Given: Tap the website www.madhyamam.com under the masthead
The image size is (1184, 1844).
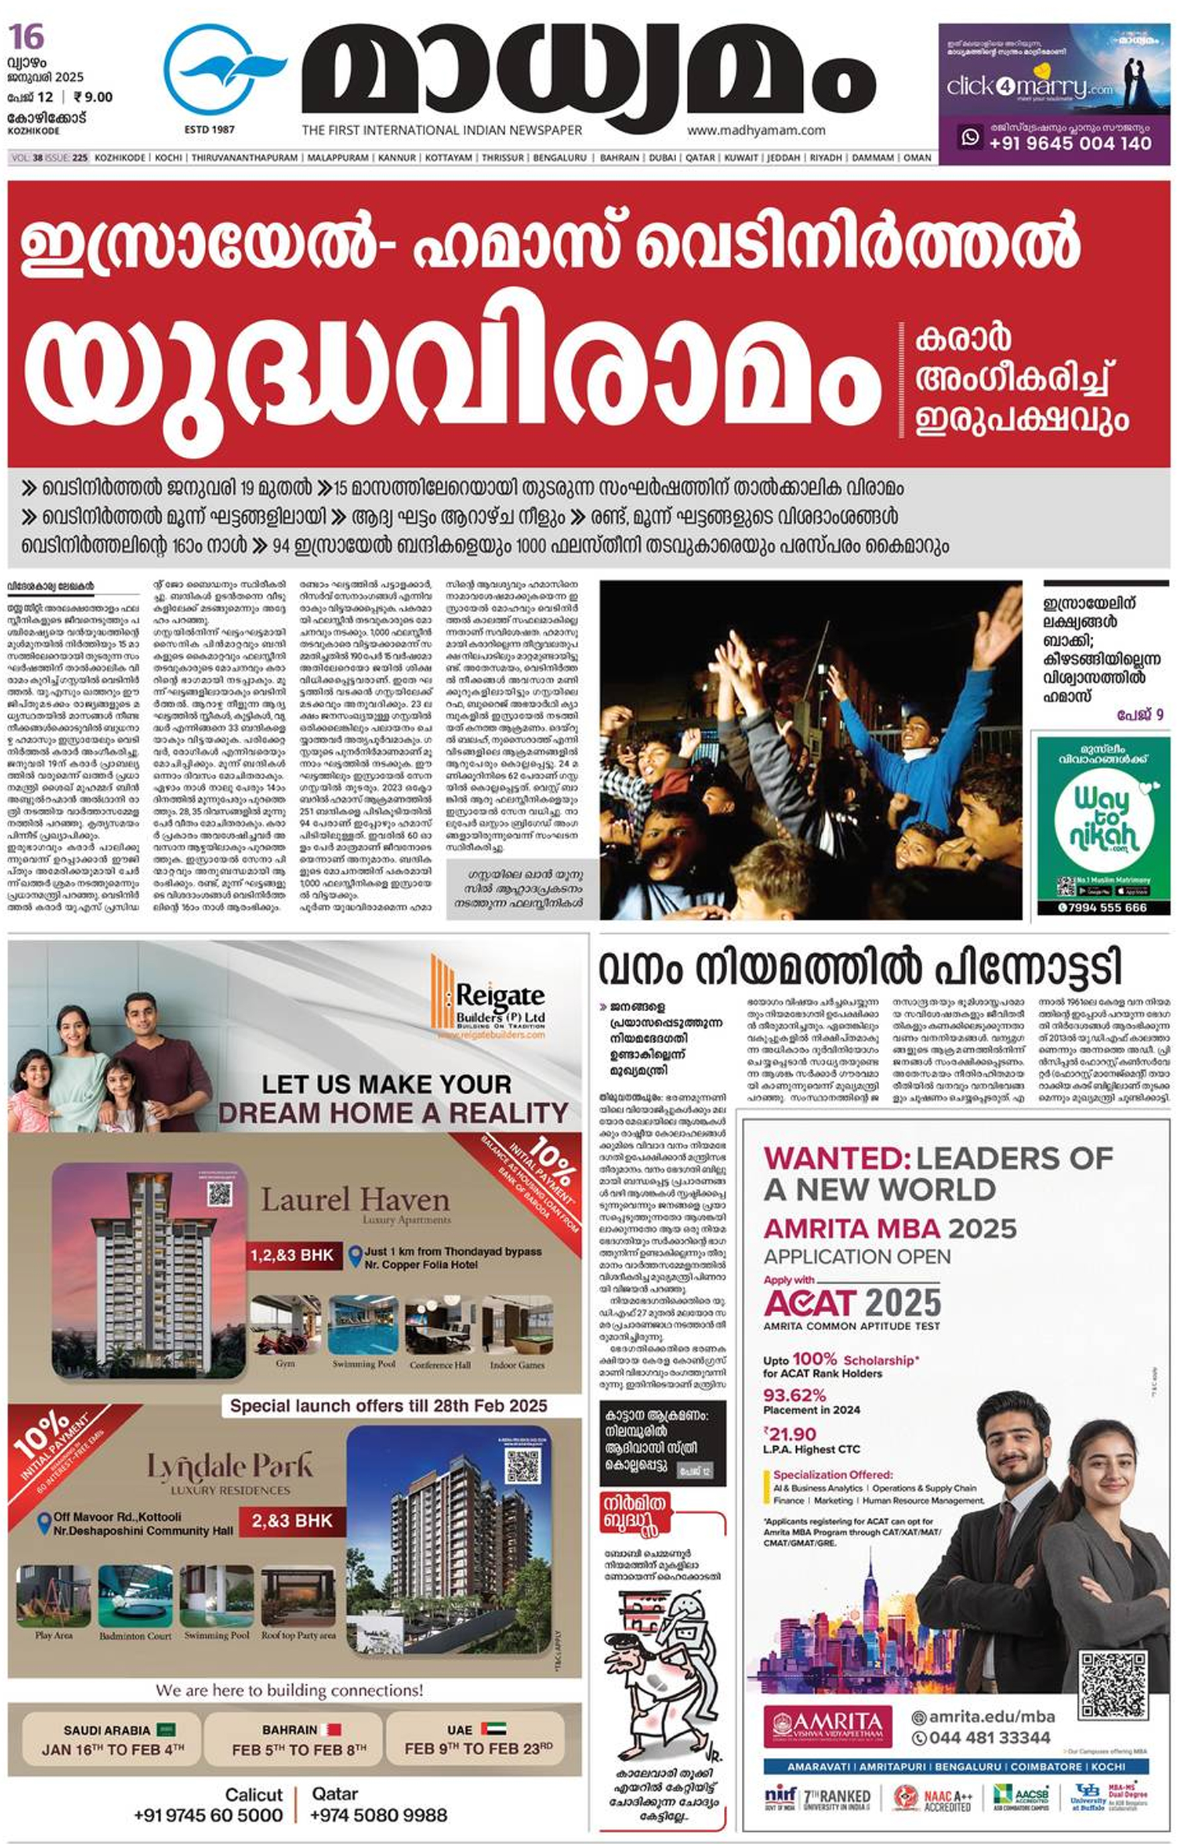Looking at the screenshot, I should click(x=756, y=131).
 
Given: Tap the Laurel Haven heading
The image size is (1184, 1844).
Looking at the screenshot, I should click(x=355, y=1200).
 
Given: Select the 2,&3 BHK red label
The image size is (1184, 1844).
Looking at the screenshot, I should click(x=292, y=1520).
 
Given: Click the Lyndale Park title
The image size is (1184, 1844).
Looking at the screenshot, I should click(x=230, y=1467).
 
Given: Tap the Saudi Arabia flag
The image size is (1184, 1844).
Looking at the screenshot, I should click(x=166, y=1729).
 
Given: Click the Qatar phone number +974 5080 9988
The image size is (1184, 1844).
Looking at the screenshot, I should click(x=379, y=1815).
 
